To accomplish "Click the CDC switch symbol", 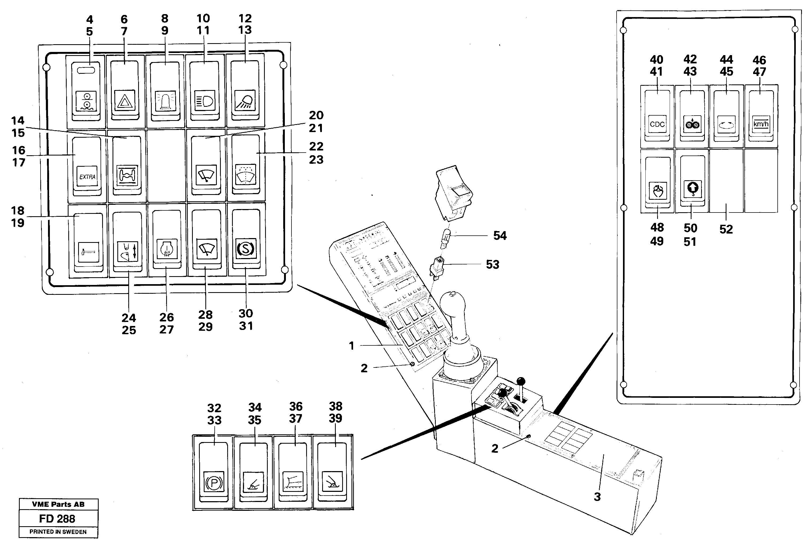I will [x=657, y=124].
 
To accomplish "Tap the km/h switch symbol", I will [x=761, y=124].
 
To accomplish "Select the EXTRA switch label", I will [x=87, y=176].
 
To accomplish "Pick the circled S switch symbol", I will [x=246, y=249].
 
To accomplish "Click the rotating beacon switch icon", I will [x=165, y=101].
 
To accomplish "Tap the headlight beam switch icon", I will [x=205, y=101].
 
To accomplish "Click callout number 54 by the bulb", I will [x=500, y=236].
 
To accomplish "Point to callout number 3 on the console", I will [x=597, y=497].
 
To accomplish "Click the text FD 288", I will [x=57, y=518].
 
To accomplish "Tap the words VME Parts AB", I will [x=58, y=504].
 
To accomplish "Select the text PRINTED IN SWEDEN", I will [x=58, y=532].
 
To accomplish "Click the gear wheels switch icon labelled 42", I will [x=692, y=124].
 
